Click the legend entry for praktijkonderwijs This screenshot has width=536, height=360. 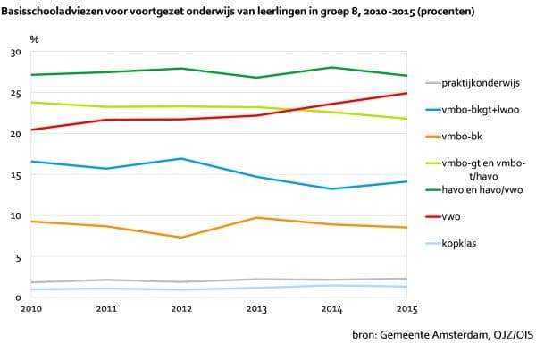[x=480, y=84]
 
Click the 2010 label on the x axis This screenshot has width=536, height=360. [x=31, y=308]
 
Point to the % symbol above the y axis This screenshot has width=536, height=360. [x=34, y=39]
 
